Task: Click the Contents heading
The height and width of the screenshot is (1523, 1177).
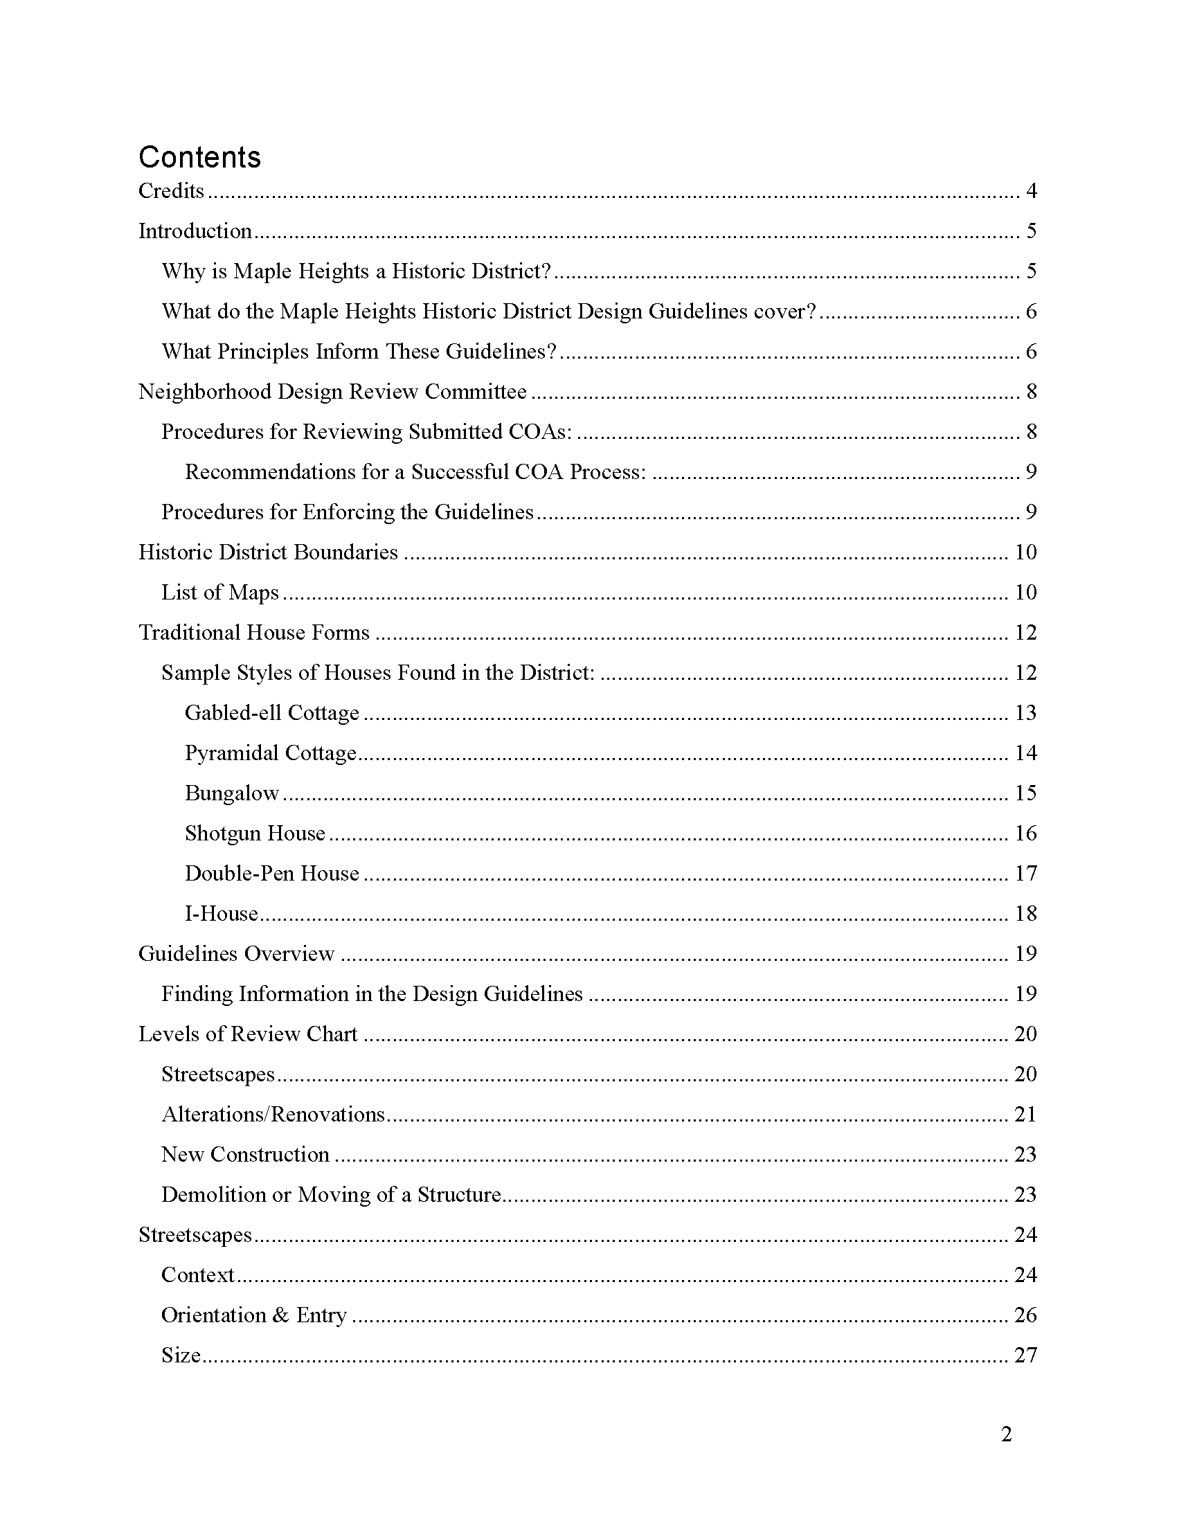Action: coord(199,158)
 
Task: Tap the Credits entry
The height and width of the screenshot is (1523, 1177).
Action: coord(172,191)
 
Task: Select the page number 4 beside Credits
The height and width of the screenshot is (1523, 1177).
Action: coord(1031,191)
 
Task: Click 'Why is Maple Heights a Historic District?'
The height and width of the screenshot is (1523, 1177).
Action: coord(357,271)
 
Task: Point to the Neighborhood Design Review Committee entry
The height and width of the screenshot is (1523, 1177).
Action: coord(332,392)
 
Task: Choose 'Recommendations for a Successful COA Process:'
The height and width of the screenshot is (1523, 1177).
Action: coord(415,472)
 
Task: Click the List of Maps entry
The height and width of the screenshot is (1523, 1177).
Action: coord(219,593)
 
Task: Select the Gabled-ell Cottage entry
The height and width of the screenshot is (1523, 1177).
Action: coord(272,713)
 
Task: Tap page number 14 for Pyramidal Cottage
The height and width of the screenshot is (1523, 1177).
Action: coord(1025,753)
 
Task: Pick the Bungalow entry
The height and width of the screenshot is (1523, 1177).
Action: coord(231,793)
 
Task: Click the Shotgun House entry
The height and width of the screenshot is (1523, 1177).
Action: coord(255,833)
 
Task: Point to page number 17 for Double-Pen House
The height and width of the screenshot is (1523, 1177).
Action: coord(1025,874)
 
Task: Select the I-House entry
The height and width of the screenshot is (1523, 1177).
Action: coord(221,914)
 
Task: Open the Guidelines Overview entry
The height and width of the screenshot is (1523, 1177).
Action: coord(236,954)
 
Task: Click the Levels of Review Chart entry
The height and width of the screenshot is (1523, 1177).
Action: coord(248,1034)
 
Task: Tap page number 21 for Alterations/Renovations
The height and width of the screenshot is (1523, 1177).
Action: coord(1025,1115)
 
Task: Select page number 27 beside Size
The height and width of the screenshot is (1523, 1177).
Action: coord(1025,1355)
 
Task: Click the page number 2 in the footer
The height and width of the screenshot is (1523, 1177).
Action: coord(1006,1435)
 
